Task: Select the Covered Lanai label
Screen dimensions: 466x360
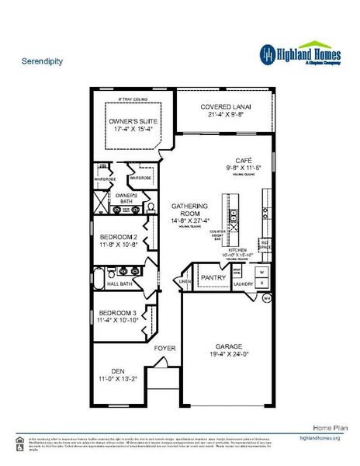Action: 225,107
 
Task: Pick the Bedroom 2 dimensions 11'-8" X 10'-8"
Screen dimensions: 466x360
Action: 118,245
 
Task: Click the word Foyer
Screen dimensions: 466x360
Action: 165,349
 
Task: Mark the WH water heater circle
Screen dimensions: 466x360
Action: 266,298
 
